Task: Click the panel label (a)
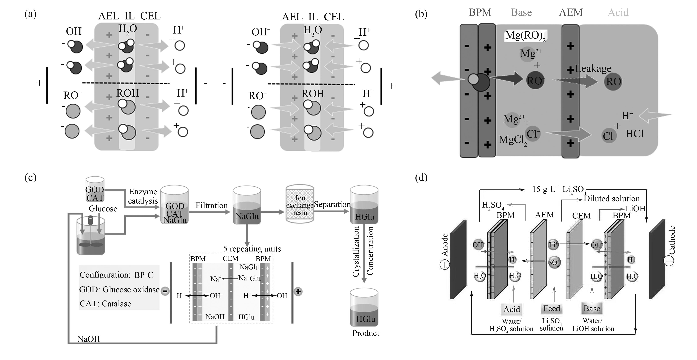pos(30,14)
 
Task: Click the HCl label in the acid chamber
pos(635,134)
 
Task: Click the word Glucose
pos(103,209)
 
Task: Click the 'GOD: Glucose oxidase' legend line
pos(119,290)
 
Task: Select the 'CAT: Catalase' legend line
pos(105,304)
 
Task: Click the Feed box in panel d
pos(552,309)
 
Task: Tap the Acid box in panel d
pos(512,309)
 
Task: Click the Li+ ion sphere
pos(553,245)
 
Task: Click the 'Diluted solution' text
pos(611,199)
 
